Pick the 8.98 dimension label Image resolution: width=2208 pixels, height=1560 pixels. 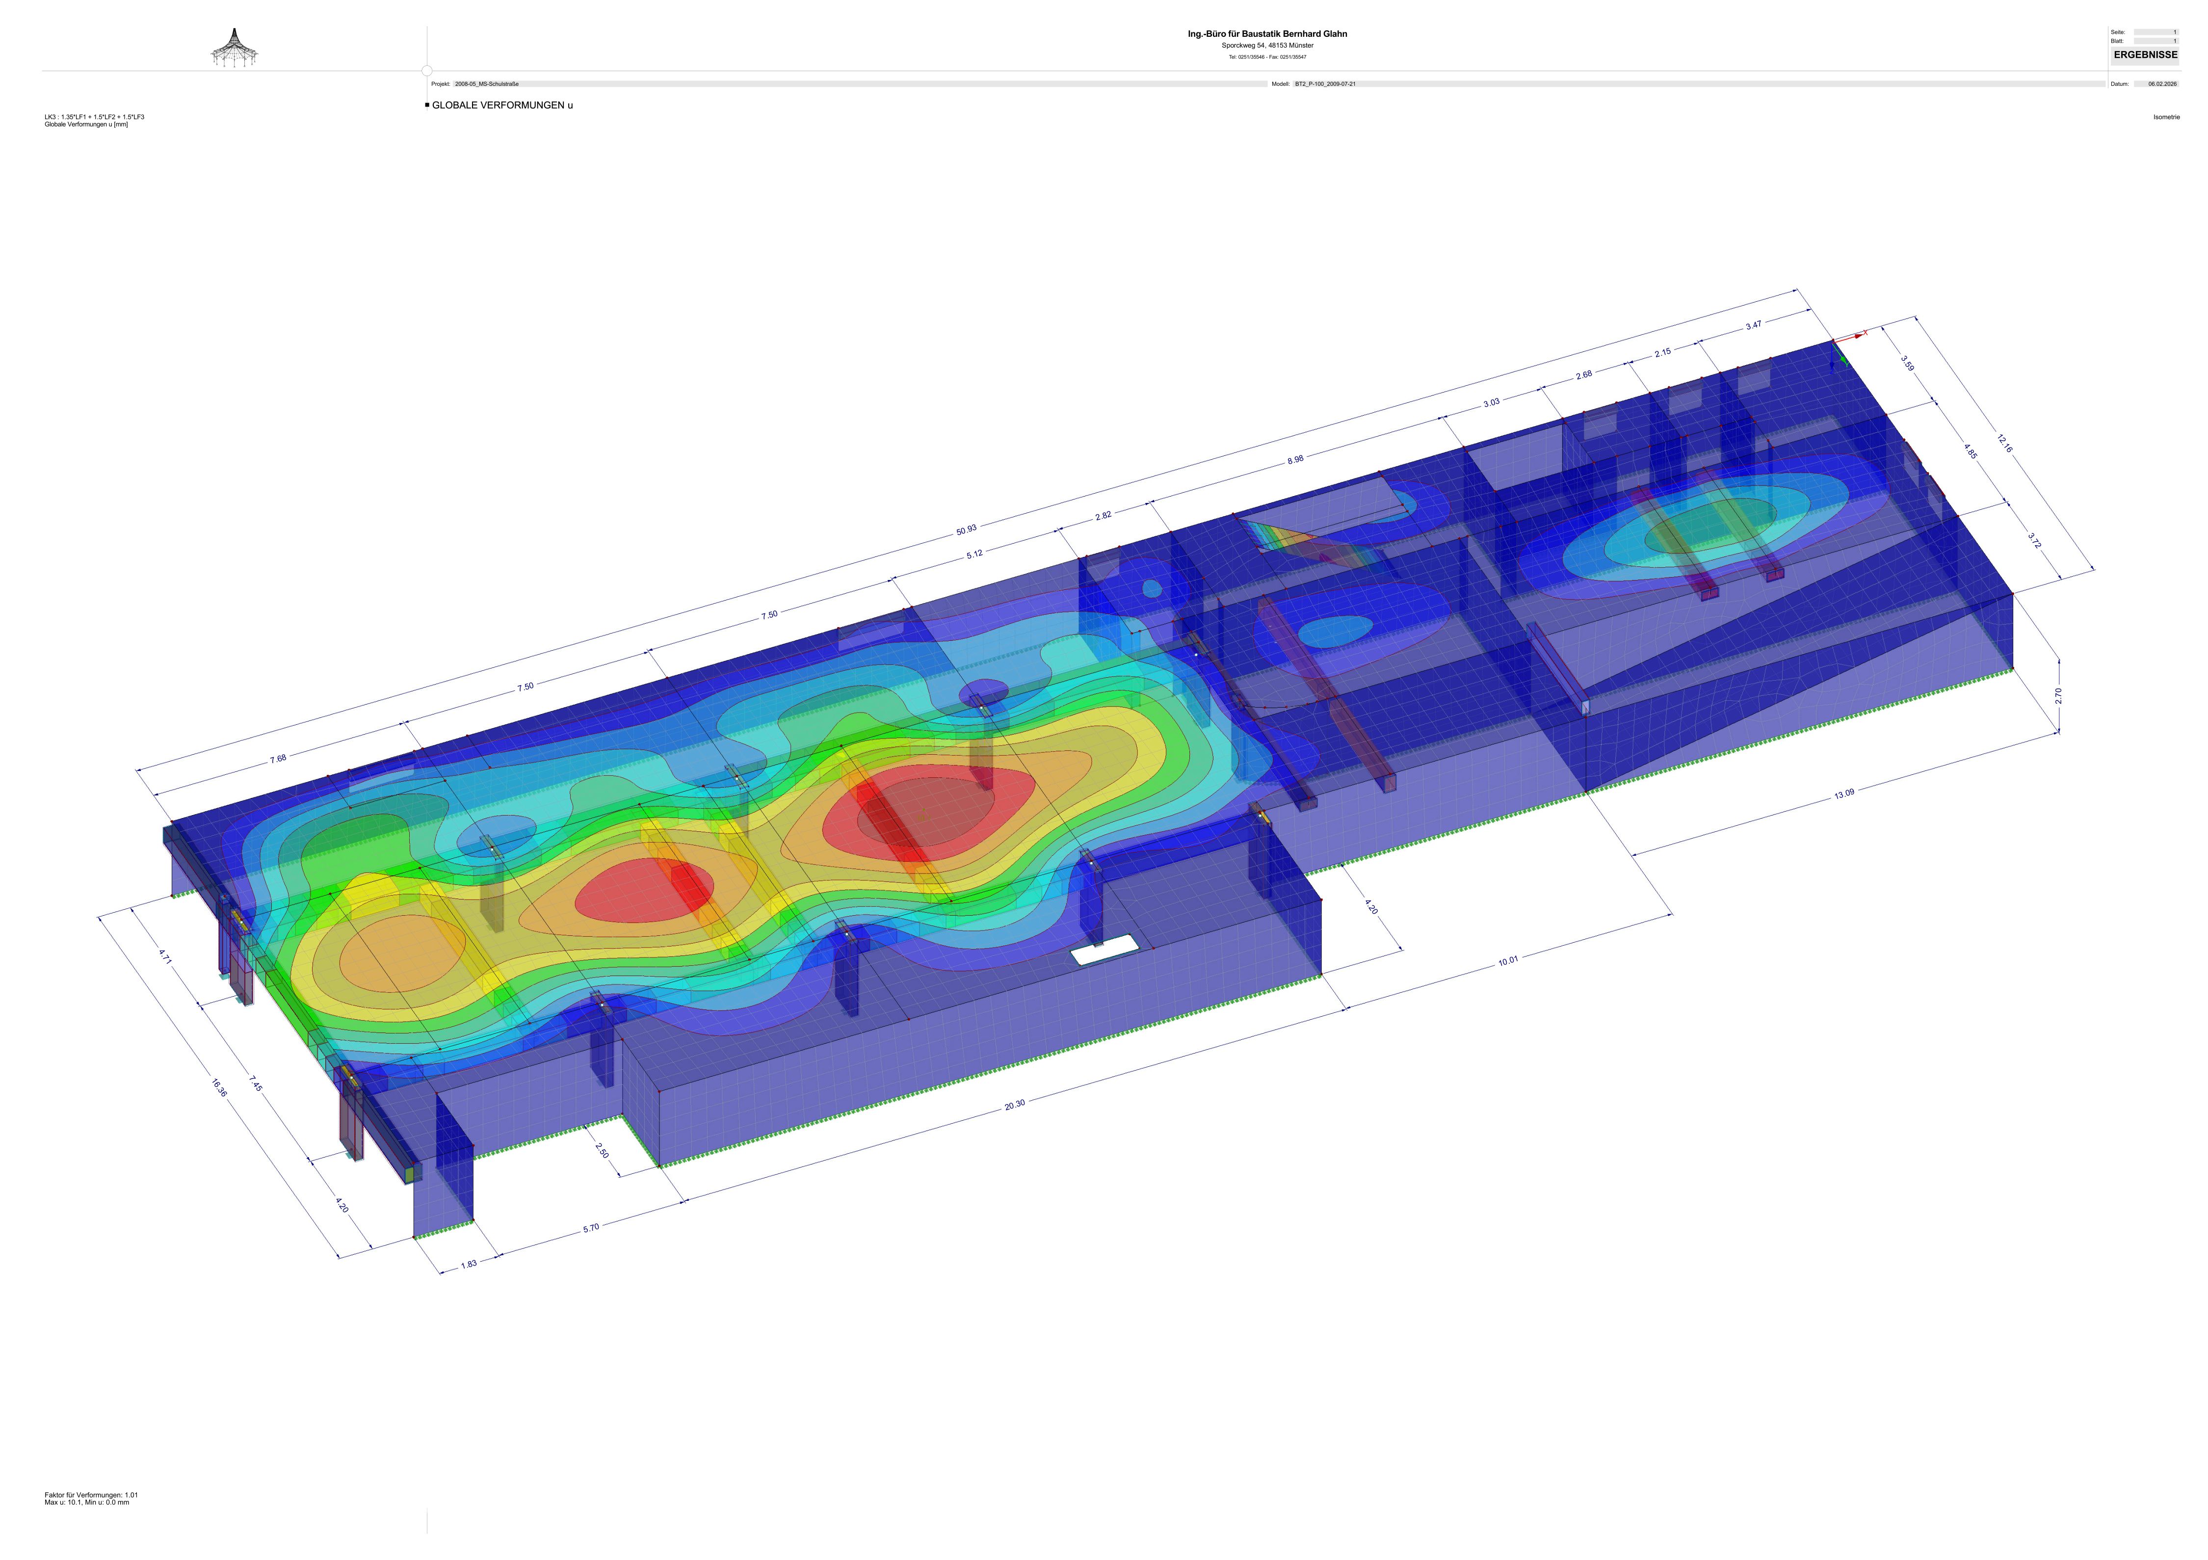(x=1295, y=460)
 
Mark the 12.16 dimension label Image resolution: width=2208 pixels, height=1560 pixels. (x=2004, y=444)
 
